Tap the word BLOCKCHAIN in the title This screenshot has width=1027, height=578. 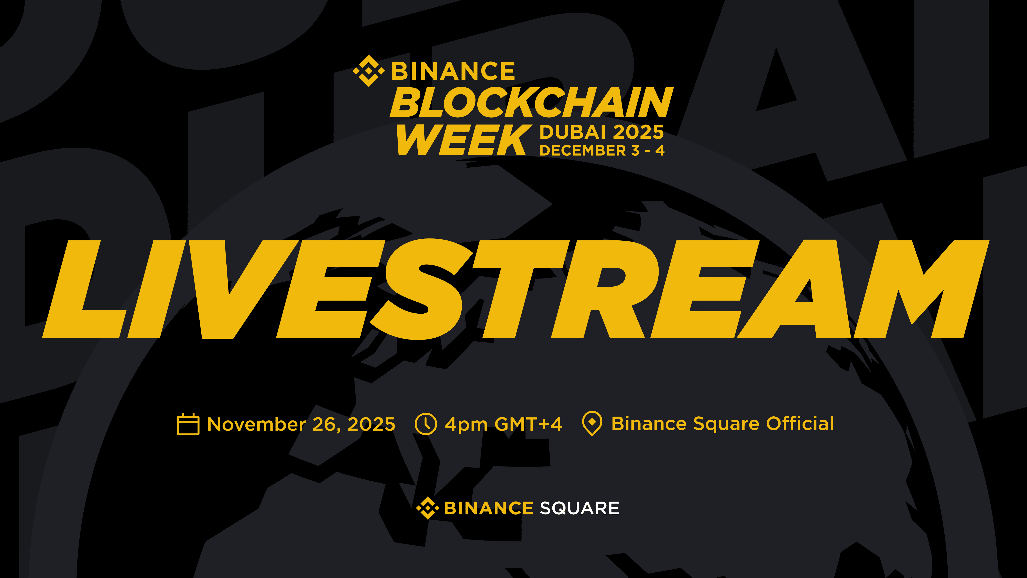[x=531, y=103]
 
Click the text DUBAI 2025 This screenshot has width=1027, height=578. [x=602, y=132]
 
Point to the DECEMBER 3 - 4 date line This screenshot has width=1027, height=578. [x=602, y=150]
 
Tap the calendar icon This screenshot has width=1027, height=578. [x=188, y=424]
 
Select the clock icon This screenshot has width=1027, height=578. [x=426, y=424]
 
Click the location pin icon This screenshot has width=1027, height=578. [x=592, y=423]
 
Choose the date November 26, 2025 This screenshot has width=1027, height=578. [x=301, y=424]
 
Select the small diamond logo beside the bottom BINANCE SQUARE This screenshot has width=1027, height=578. [x=427, y=508]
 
